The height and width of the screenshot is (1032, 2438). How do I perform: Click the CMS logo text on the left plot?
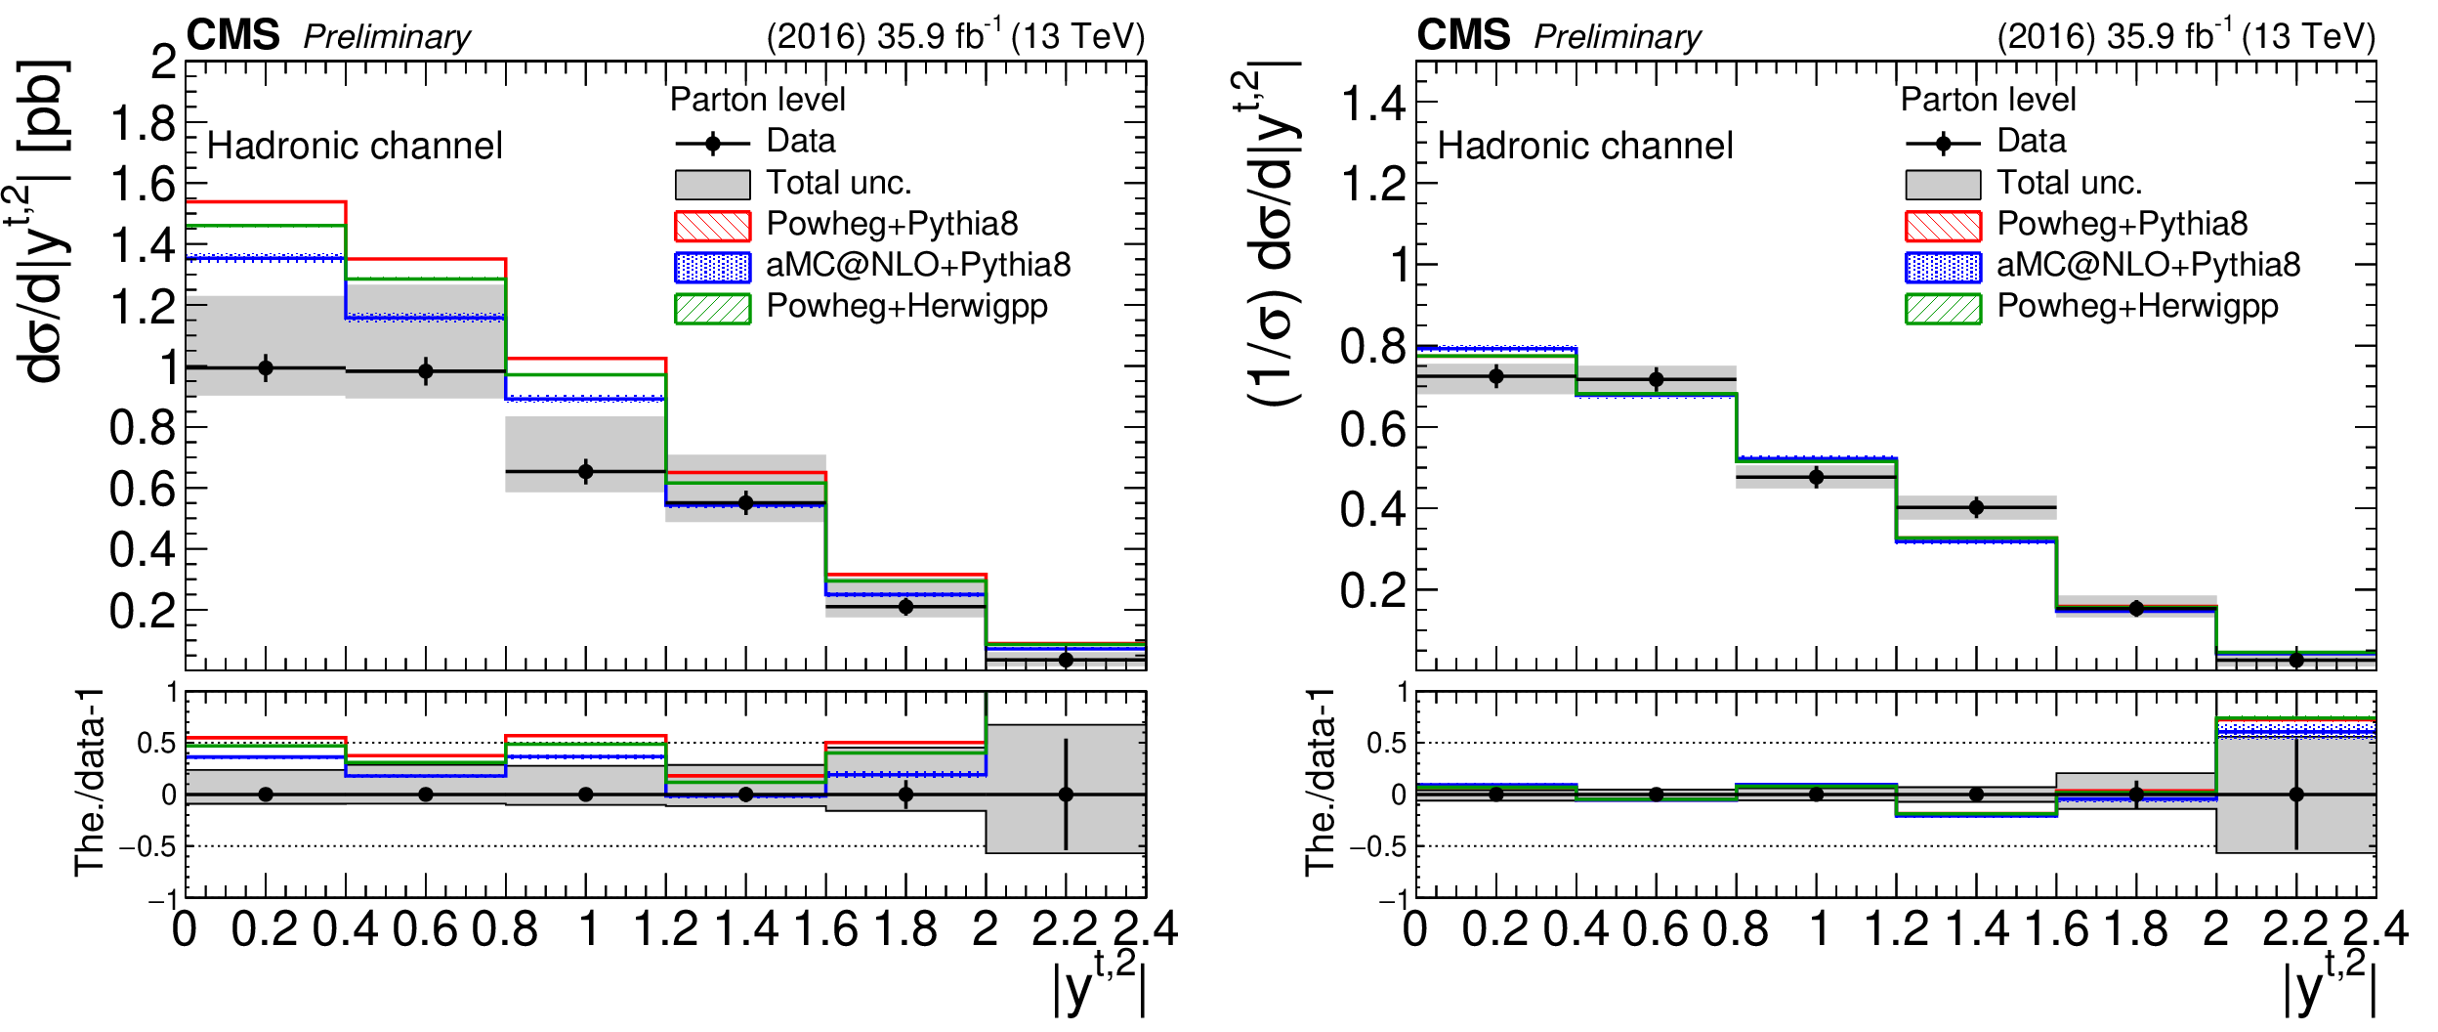coord(232,35)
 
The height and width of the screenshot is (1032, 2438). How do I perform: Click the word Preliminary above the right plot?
coord(1618,37)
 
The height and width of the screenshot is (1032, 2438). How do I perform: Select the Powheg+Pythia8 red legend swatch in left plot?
coord(712,226)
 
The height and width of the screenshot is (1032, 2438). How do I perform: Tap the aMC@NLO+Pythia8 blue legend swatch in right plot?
coord(1943,267)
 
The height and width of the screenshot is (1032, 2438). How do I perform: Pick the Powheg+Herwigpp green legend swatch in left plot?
coord(712,308)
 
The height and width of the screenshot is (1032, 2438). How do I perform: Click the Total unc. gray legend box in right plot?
coord(1943,184)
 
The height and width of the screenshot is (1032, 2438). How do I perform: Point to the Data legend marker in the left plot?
coord(712,144)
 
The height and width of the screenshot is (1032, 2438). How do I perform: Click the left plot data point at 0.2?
coord(266,368)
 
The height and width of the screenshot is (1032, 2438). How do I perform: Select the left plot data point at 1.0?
coord(586,472)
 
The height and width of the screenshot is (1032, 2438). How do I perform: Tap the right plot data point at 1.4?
coord(1976,507)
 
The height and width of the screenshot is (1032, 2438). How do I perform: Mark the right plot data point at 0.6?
coord(1657,379)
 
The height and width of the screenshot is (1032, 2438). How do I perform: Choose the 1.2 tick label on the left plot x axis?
coord(666,928)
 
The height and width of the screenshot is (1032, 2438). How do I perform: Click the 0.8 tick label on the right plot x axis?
coord(1736,928)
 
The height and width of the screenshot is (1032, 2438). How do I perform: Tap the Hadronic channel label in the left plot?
coord(355,147)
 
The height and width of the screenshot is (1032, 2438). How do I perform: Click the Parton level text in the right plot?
coord(1988,100)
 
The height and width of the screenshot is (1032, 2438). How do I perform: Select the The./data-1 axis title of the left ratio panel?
coord(89,782)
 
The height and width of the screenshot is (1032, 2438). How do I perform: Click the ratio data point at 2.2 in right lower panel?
coord(2296,795)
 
